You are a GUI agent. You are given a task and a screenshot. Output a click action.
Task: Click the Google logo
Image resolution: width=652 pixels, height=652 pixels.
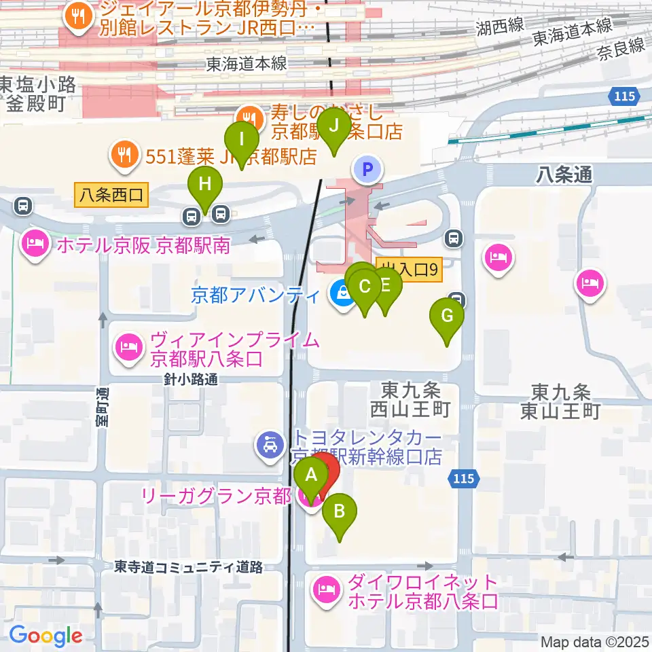(46, 635)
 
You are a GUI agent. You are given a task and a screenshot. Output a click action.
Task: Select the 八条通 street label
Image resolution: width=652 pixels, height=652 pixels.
(564, 175)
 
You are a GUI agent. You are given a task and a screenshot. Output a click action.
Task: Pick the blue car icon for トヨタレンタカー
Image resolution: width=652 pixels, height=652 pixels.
(270, 446)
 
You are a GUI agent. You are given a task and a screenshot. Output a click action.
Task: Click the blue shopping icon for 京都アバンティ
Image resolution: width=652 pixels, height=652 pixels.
(340, 294)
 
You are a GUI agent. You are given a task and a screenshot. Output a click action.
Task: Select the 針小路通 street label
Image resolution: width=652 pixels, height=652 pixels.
(190, 380)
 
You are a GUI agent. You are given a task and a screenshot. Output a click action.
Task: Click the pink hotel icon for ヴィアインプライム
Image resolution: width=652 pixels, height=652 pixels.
(128, 347)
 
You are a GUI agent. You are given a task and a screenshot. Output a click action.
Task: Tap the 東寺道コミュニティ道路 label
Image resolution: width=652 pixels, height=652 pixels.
(188, 566)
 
